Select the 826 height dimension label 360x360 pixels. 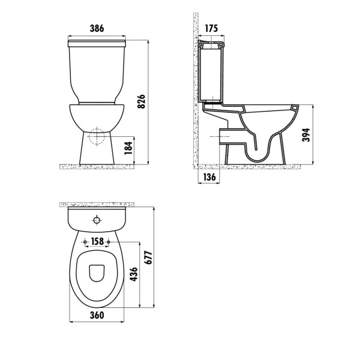pos(142,103)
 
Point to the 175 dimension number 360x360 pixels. pos(211,28)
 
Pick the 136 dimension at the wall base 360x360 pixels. pos(209,177)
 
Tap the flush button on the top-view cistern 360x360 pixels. pos(97,220)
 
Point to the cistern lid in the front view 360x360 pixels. pos(97,43)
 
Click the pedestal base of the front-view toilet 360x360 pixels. pos(97,153)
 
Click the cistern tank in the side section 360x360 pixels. pos(214,72)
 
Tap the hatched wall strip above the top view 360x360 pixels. pos(97,205)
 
